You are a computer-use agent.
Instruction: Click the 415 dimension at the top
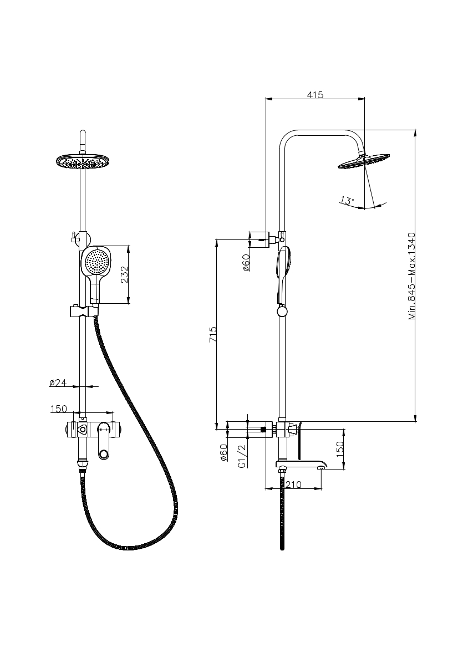click(x=315, y=95)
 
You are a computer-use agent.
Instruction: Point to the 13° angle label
click(x=347, y=200)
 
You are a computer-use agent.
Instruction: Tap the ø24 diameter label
click(x=58, y=382)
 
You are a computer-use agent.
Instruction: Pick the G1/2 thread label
click(x=242, y=456)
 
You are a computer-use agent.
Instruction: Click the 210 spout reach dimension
click(x=293, y=484)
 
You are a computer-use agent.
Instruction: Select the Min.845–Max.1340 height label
click(x=411, y=275)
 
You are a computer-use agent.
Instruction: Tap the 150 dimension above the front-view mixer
click(x=59, y=409)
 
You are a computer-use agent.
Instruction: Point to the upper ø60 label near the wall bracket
click(x=246, y=262)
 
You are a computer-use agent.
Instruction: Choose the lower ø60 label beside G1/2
click(x=224, y=453)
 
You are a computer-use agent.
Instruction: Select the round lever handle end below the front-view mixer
click(x=104, y=454)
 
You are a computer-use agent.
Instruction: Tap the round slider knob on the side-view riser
click(x=283, y=312)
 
